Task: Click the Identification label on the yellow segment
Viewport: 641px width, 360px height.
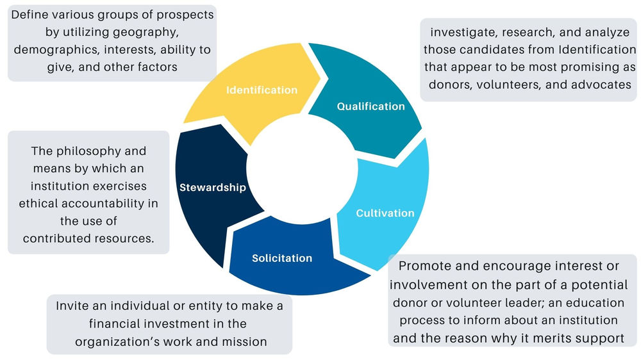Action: pyautogui.click(x=262, y=90)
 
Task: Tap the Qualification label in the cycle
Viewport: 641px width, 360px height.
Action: pyautogui.click(x=370, y=106)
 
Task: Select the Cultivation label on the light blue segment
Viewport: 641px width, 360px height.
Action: pyautogui.click(x=385, y=213)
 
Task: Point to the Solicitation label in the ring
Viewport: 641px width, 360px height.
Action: pyautogui.click(x=282, y=258)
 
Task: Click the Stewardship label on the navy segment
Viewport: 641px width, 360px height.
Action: pyautogui.click(x=213, y=188)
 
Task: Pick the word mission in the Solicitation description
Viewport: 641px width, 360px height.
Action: pyautogui.click(x=242, y=341)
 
